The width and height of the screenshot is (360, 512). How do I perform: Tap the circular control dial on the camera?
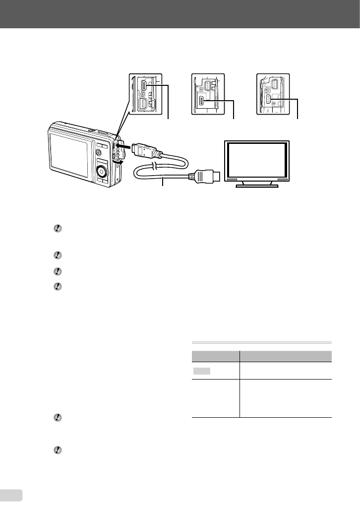pyautogui.click(x=102, y=172)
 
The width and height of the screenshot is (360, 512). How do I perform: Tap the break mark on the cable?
pyautogui.click(x=155, y=166)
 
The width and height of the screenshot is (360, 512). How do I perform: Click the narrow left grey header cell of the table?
pyautogui.click(x=215, y=356)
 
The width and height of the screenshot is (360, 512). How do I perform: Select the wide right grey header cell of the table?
pyautogui.click(x=285, y=356)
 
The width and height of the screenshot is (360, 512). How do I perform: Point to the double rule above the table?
pyautogui.click(x=261, y=342)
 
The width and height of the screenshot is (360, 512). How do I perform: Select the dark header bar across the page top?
pyautogui.click(x=180, y=14)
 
